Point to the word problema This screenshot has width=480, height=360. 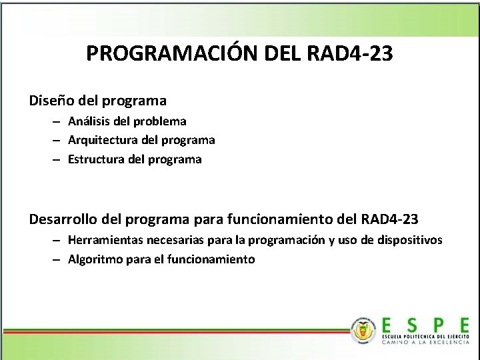click(160, 121)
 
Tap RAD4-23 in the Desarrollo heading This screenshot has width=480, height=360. click(389, 219)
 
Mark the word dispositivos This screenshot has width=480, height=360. click(409, 240)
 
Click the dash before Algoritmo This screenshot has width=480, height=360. click(59, 259)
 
